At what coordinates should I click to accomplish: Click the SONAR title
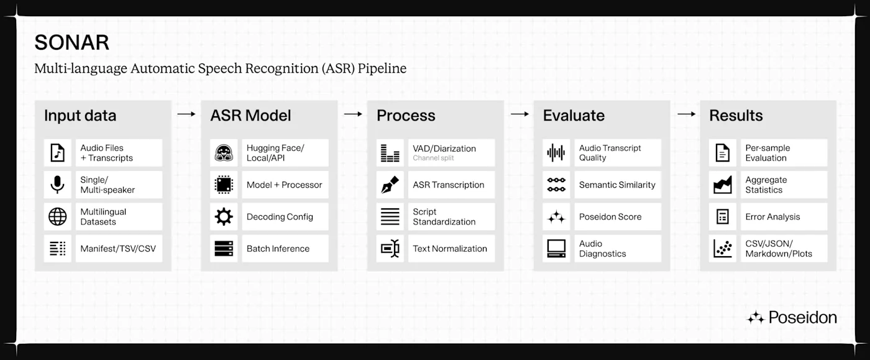click(x=72, y=42)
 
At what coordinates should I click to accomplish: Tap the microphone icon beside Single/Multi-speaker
click(x=57, y=185)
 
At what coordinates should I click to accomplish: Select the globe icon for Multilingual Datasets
click(x=57, y=216)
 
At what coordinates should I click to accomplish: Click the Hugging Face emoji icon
click(x=224, y=153)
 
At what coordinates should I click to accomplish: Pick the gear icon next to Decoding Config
click(x=224, y=216)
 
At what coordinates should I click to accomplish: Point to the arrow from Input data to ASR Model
click(x=186, y=114)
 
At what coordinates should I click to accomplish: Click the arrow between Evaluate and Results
click(x=686, y=114)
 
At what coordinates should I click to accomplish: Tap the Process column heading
click(x=406, y=116)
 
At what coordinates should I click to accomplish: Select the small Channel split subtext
click(x=433, y=158)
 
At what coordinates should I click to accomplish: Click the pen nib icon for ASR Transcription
click(x=390, y=185)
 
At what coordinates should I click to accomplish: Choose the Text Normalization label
click(x=450, y=249)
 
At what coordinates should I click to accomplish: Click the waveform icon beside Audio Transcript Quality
click(x=556, y=153)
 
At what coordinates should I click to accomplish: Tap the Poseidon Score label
click(x=610, y=216)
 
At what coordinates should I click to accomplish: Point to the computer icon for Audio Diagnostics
click(x=556, y=249)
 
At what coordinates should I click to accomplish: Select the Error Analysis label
click(x=772, y=216)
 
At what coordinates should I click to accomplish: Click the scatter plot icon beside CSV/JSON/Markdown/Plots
click(x=722, y=249)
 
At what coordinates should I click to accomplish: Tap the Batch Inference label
click(x=278, y=249)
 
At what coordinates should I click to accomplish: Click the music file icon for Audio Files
click(x=57, y=153)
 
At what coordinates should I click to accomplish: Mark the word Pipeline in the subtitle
click(x=382, y=68)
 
